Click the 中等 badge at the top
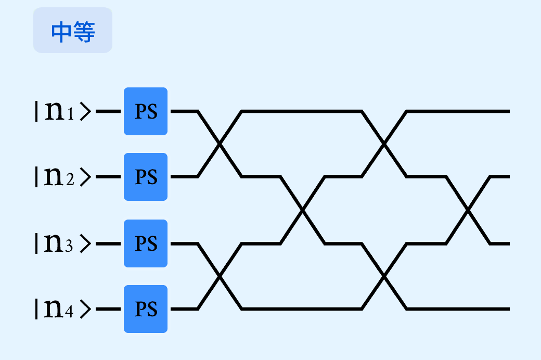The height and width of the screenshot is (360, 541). coord(73,30)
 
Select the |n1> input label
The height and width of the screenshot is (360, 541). coord(63,111)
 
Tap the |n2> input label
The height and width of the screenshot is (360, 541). coord(63,176)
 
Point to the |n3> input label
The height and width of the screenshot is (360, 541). coord(63,243)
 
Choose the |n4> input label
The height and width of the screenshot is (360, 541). coord(63,308)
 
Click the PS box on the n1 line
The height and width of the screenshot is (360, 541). coord(146,111)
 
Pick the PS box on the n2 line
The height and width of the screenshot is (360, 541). coord(146,177)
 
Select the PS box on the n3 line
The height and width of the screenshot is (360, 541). coord(146,243)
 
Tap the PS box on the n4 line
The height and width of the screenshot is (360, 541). coord(146,309)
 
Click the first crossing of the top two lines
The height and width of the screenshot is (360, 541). coord(220,144)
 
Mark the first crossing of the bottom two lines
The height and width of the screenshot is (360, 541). coord(220,276)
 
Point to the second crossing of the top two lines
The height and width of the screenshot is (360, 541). coord(384,144)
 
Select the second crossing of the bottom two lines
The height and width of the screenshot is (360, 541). coord(384,276)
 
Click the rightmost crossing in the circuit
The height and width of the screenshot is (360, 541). coord(468,210)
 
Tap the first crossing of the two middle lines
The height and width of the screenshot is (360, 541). coord(302,210)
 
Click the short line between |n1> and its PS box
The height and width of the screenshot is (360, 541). coord(108,111)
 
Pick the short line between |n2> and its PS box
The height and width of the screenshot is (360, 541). coord(108,176)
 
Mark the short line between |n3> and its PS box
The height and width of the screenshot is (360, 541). coord(108,243)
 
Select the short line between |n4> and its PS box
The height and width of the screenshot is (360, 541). coord(108,309)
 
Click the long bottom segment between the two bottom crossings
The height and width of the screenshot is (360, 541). coord(302,309)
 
